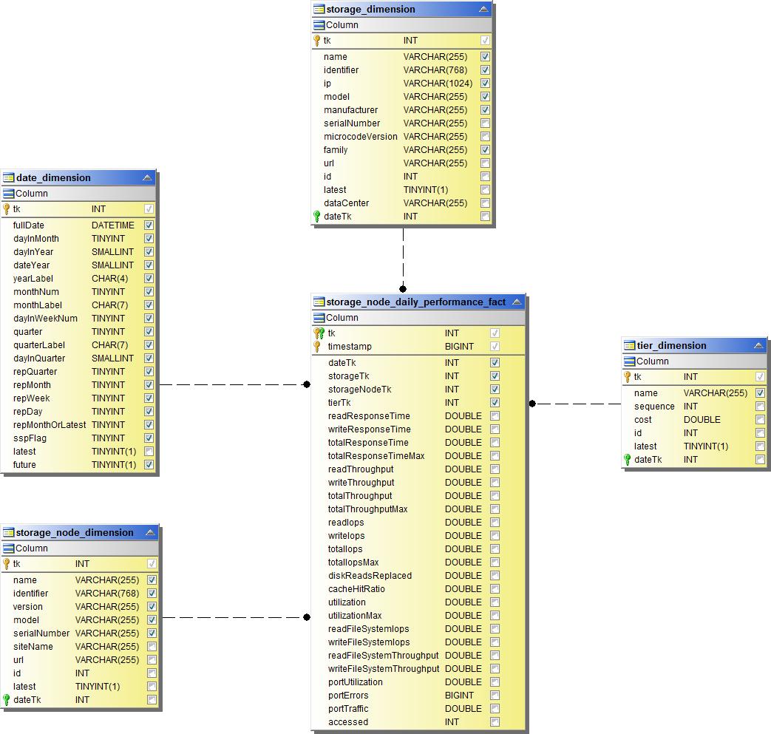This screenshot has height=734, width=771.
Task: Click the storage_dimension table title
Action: point(370,10)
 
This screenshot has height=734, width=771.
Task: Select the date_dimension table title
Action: point(53,178)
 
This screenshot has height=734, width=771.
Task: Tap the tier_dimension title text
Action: point(671,346)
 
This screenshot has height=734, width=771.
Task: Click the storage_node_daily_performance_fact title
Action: point(416,302)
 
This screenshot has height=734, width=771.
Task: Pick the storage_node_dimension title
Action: point(75,533)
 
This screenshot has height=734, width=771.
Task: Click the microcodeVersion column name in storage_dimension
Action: point(360,137)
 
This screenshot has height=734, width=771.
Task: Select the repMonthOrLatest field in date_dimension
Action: point(50,425)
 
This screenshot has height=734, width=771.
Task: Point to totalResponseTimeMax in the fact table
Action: point(376,456)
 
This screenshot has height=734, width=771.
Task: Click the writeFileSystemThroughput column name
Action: point(384,669)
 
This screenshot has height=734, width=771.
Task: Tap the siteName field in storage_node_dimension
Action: point(33,647)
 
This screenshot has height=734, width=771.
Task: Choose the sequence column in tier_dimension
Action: point(654,407)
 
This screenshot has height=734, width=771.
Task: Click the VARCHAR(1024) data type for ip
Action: point(438,84)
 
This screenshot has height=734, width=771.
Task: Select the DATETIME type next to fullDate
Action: point(113,225)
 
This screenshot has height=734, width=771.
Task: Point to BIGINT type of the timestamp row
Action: point(460,347)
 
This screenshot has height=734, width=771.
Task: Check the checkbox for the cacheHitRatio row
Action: point(495,589)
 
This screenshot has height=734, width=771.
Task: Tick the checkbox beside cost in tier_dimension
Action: point(760,420)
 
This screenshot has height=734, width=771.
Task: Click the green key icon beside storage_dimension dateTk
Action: point(317,217)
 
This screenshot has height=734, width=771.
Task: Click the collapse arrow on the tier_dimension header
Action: point(758,346)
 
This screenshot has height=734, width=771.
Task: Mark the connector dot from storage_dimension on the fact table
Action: point(403,289)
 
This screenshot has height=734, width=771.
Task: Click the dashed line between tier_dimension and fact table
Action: point(577,404)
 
